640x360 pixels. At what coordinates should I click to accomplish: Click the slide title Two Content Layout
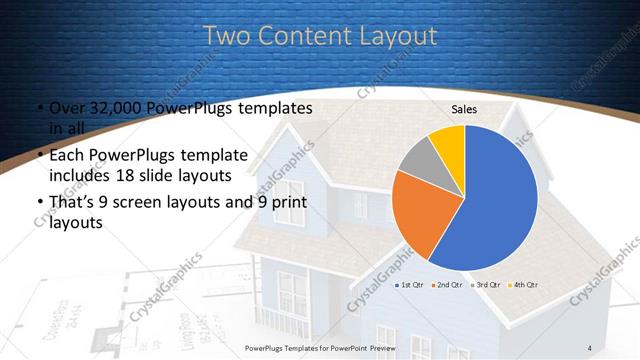pos(320,36)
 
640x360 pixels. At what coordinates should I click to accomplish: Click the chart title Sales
pos(464,109)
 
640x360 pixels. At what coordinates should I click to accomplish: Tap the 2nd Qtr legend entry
pos(447,285)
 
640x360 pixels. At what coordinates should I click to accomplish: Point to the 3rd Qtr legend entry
pos(485,285)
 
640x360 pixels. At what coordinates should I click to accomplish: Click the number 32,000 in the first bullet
pos(107,108)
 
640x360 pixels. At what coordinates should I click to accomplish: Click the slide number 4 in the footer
pos(590,347)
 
